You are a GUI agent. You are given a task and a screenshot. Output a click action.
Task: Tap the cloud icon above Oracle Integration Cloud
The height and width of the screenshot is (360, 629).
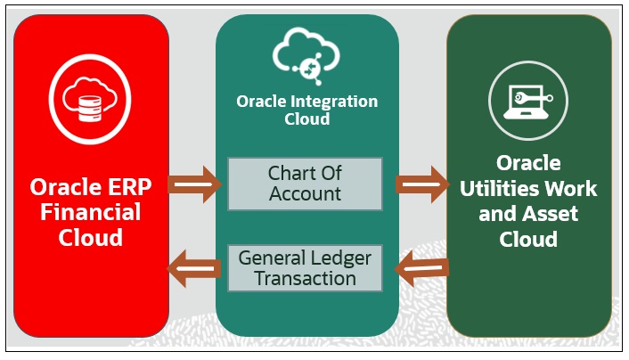click(306, 55)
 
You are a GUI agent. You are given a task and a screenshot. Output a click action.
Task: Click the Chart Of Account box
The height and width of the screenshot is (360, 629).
click(305, 184)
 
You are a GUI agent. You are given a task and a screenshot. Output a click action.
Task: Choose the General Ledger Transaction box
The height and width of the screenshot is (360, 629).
click(305, 267)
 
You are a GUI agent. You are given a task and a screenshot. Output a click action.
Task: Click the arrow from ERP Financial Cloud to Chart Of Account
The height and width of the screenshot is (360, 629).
click(194, 184)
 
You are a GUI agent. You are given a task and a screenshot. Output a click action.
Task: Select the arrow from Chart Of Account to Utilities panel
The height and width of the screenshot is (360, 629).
click(421, 184)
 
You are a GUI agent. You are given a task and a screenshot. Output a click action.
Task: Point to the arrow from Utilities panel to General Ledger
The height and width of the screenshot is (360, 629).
click(421, 268)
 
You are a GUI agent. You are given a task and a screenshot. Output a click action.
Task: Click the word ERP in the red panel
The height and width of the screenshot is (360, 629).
click(121, 188)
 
